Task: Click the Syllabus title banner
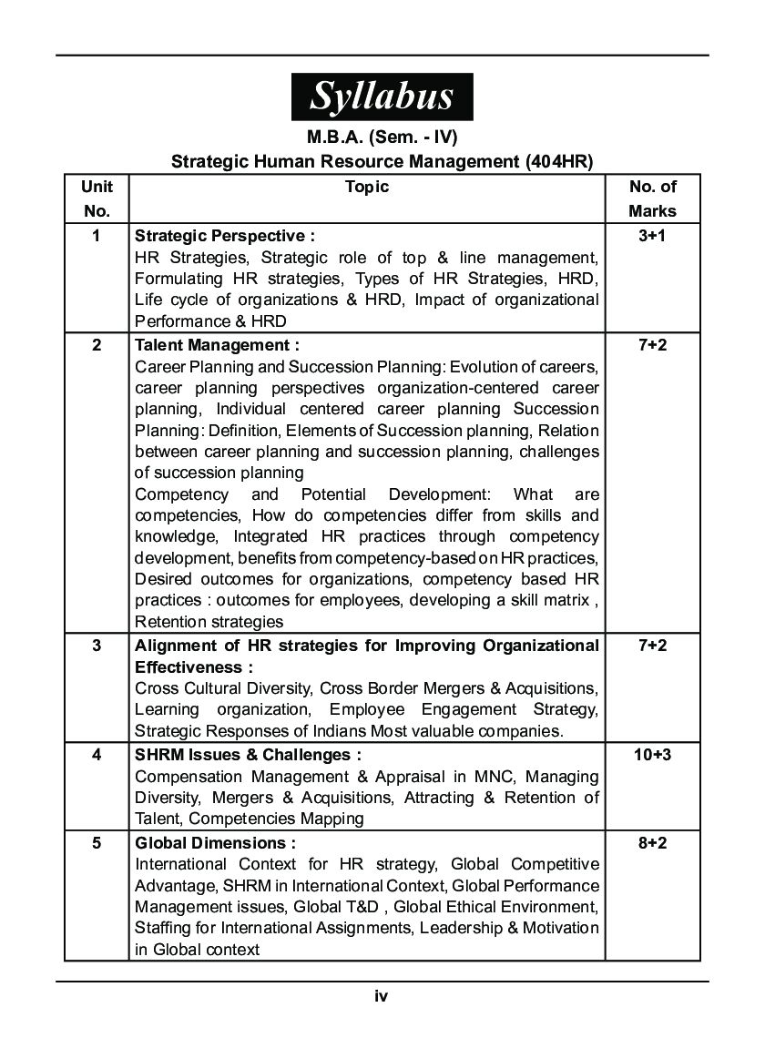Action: pos(382,97)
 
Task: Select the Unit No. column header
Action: pos(97,198)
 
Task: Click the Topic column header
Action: pos(367,187)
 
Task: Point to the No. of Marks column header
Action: pos(652,198)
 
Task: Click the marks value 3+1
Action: pos(652,234)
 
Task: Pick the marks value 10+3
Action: pos(652,755)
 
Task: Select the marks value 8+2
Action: pos(652,842)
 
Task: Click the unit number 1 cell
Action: pos(97,234)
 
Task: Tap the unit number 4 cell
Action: pos(97,755)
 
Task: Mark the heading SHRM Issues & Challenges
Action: pos(248,755)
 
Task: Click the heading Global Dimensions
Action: pos(215,842)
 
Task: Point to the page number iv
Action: pos(382,996)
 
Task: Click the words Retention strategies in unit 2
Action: pos(209,622)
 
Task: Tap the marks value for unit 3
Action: pos(652,646)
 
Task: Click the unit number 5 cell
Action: pos(97,842)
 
